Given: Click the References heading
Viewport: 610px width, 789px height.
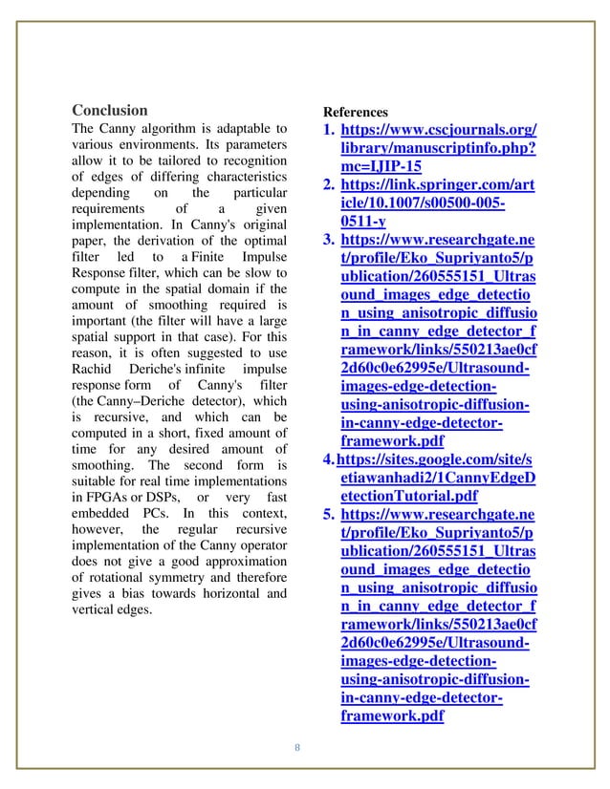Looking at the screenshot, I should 355,112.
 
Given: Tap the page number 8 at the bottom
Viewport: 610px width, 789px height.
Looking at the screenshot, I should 296,747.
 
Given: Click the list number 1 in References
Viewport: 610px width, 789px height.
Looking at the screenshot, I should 328,130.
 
